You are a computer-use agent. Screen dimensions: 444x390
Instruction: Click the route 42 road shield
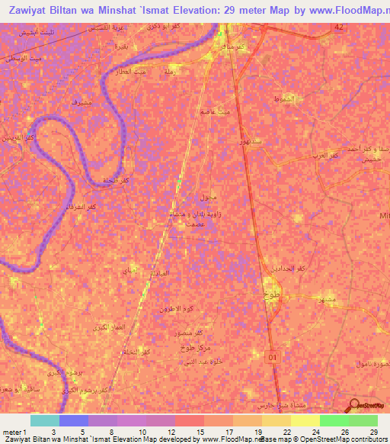tap(339, 27)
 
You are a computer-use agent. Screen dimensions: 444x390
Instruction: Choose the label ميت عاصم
tap(216, 112)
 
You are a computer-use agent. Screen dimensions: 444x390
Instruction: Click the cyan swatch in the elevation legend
tap(45, 420)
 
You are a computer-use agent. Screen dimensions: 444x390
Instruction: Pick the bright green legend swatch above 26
tap(334, 420)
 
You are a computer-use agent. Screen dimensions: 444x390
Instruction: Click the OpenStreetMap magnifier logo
tap(353, 405)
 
